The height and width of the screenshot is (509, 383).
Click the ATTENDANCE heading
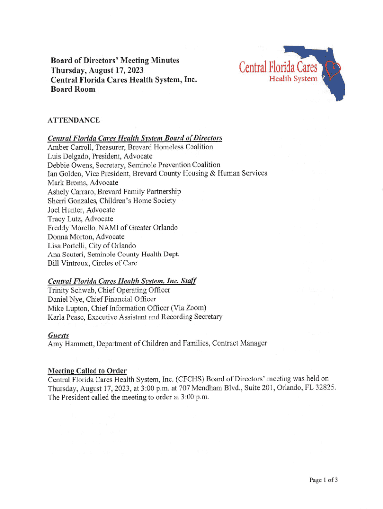(74, 120)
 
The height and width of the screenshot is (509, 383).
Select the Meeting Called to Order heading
(87, 371)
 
